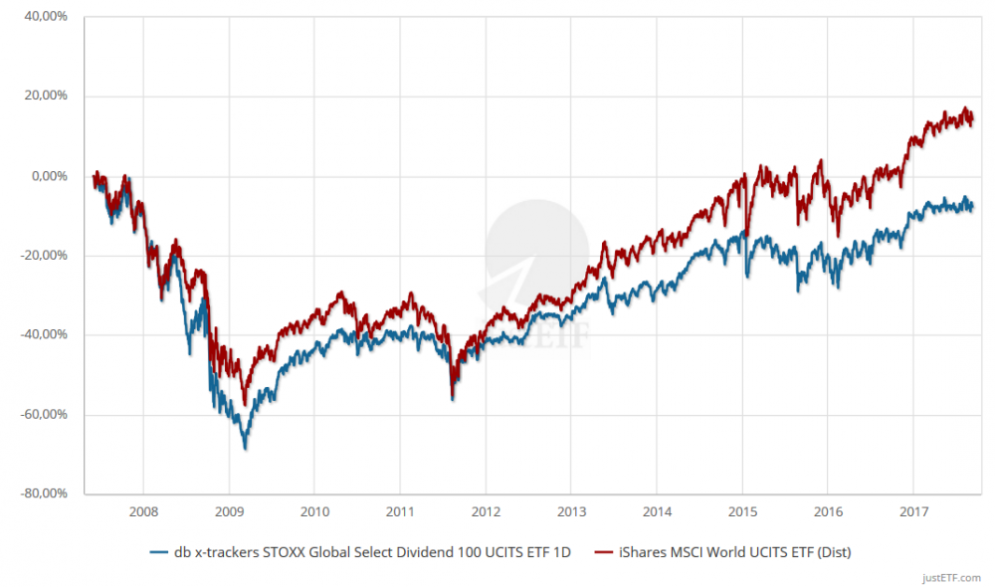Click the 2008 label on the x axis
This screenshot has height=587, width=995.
click(143, 511)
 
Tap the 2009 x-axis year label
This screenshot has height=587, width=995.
click(229, 511)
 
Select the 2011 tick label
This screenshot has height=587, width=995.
click(400, 511)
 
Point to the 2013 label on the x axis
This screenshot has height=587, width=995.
click(571, 511)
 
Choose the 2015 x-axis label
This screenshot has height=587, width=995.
click(742, 511)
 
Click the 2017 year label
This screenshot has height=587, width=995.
click(913, 511)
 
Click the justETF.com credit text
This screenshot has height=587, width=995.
click(951, 577)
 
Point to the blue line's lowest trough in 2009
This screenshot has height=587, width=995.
click(245, 449)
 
